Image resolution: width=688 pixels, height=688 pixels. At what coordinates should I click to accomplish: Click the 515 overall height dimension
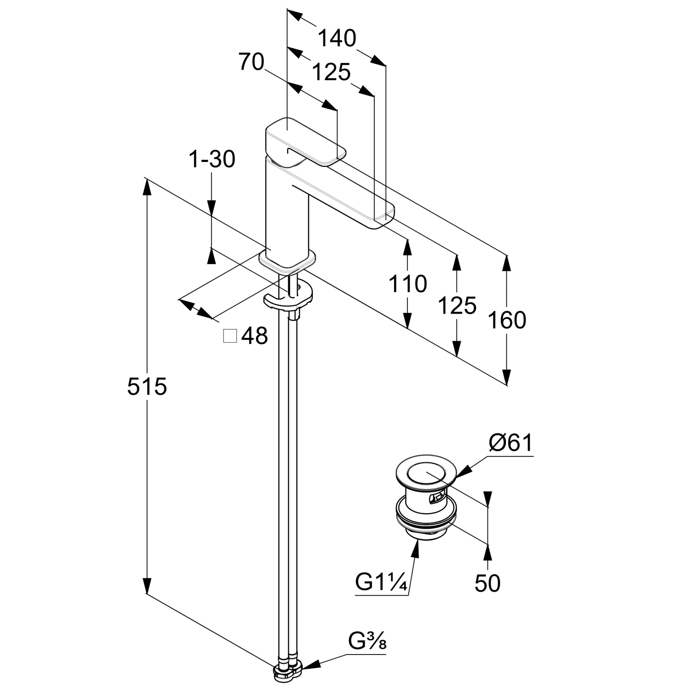coord(147,386)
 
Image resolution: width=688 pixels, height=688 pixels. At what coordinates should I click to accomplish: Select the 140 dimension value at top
coord(337,38)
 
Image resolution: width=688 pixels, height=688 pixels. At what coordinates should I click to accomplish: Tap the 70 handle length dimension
coord(251,62)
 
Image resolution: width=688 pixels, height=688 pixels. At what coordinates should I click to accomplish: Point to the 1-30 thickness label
coord(211,159)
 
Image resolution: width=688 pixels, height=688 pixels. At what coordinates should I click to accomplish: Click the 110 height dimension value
coord(407,284)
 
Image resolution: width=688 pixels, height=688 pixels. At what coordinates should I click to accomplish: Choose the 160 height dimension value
coord(506,320)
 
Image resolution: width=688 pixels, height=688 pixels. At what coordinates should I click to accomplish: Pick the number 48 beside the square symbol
coord(254,336)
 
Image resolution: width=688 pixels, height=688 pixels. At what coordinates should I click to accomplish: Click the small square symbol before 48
coord(230,336)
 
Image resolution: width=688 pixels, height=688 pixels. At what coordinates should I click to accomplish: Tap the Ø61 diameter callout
coord(511,443)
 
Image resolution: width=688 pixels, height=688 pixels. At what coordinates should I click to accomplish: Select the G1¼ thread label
coord(381,583)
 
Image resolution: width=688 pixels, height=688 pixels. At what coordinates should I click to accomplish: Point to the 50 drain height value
coord(487,583)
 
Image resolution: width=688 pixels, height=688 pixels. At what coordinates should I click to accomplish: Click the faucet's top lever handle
coord(303,142)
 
